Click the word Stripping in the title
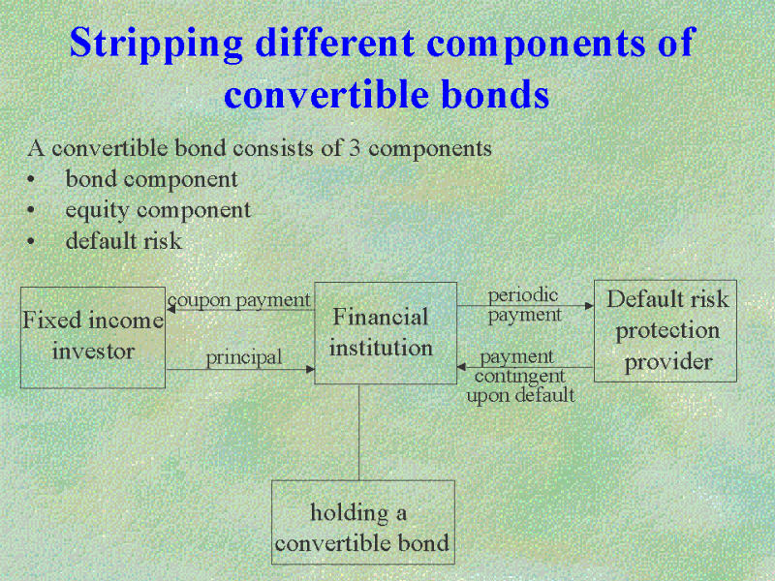(156, 44)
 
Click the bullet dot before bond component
(31, 179)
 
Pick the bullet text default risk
(124, 240)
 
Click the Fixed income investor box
(93, 337)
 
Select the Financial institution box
(386, 333)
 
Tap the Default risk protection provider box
(666, 331)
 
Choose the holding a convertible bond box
(363, 522)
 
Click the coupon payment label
(238, 300)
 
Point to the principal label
(244, 357)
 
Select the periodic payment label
(524, 305)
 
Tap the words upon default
(520, 395)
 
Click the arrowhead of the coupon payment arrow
(171, 309)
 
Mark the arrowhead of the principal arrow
(310, 369)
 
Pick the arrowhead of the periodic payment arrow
(590, 306)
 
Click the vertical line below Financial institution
(358, 432)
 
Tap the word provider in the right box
(667, 362)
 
